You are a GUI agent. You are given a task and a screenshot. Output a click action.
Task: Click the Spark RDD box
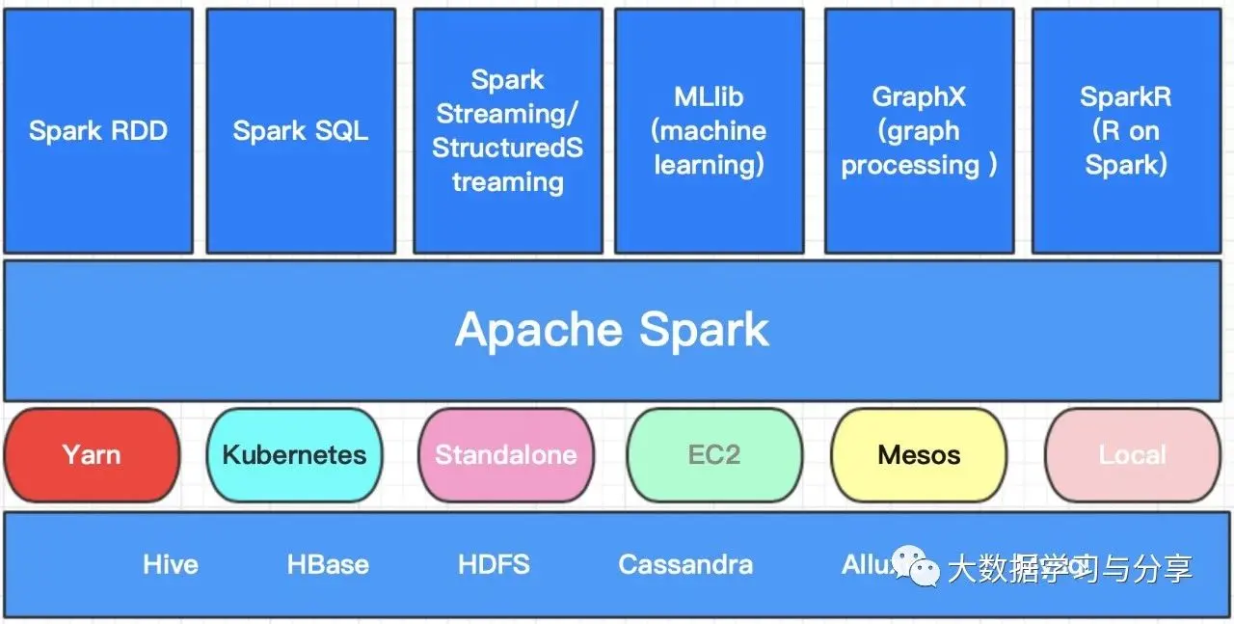click(x=98, y=131)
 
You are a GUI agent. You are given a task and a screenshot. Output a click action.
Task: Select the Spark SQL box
click(x=301, y=131)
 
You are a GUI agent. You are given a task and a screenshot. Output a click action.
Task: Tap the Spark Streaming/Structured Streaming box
click(x=508, y=131)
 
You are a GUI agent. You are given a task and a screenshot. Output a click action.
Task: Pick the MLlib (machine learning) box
click(x=709, y=131)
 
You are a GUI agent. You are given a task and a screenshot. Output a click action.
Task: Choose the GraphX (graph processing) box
click(x=919, y=131)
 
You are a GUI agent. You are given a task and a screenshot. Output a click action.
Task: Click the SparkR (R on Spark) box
click(x=1125, y=131)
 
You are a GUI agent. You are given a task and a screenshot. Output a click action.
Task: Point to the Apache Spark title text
click(x=612, y=330)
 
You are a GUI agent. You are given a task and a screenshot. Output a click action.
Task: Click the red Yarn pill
click(x=92, y=455)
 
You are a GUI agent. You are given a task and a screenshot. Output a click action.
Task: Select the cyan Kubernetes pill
click(x=294, y=455)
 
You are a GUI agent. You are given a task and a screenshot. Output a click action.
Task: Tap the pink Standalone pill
click(x=505, y=455)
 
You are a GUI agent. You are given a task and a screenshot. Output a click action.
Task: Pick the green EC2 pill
click(x=714, y=455)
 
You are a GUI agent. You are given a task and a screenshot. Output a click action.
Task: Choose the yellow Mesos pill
click(x=919, y=455)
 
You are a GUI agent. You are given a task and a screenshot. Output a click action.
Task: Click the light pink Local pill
click(x=1132, y=455)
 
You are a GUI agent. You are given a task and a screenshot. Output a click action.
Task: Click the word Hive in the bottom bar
click(x=171, y=564)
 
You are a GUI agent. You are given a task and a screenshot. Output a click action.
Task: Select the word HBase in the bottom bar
click(x=328, y=564)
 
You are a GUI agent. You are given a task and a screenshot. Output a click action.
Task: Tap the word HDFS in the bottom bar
click(x=494, y=564)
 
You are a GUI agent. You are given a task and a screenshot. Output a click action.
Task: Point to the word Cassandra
click(x=685, y=564)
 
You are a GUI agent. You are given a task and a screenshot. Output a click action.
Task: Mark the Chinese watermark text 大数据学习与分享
click(x=1070, y=568)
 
